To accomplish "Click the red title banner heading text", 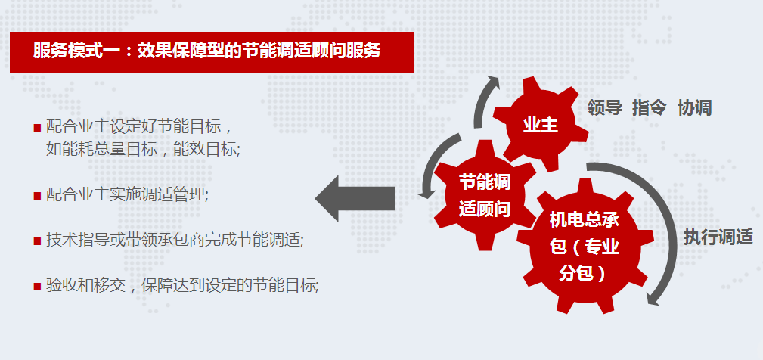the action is point(206,51).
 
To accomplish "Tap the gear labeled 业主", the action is point(540,125).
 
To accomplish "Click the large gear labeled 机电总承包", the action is point(584,246).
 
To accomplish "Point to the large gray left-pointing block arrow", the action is point(355,198).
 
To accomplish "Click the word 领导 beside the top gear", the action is point(604,107).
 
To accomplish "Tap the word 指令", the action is point(649,107).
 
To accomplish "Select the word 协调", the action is point(694,107).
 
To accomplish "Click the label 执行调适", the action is point(718,237).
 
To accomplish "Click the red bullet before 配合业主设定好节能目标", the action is point(37,128).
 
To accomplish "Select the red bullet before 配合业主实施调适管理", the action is point(37,196).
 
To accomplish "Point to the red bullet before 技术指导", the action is point(37,241).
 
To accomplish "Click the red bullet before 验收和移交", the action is point(37,286).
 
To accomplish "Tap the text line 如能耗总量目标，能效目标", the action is point(143,149).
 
